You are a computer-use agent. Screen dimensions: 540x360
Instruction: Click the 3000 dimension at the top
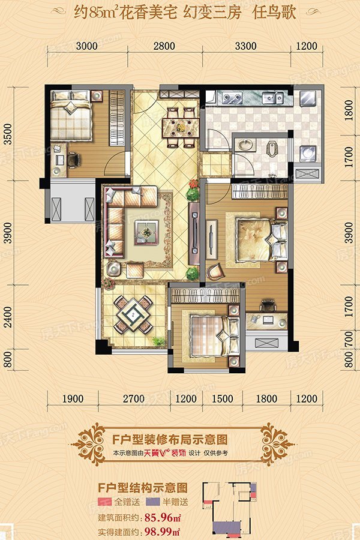pos(86,46)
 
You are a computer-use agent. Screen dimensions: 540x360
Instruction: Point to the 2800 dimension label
pos(163,46)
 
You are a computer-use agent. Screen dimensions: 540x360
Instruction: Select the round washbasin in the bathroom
pos(244,145)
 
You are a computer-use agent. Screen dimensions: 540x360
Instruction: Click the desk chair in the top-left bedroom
pos(73,159)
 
